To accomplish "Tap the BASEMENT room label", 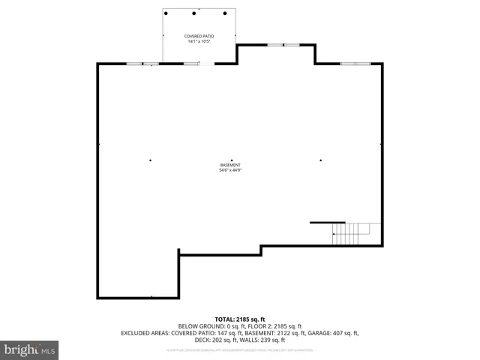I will [x=230, y=165].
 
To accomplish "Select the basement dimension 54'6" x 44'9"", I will [x=230, y=170].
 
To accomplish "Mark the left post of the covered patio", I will [x=166, y=13].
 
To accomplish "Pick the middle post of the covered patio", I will [x=194, y=13].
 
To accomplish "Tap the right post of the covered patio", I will [x=223, y=13].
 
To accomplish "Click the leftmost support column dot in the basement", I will [x=150, y=160].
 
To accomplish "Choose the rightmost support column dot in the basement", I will [x=321, y=160].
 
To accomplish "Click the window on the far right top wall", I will [x=355, y=64].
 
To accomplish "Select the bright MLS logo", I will [x=29, y=349].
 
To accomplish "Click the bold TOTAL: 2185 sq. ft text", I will [x=240, y=319].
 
